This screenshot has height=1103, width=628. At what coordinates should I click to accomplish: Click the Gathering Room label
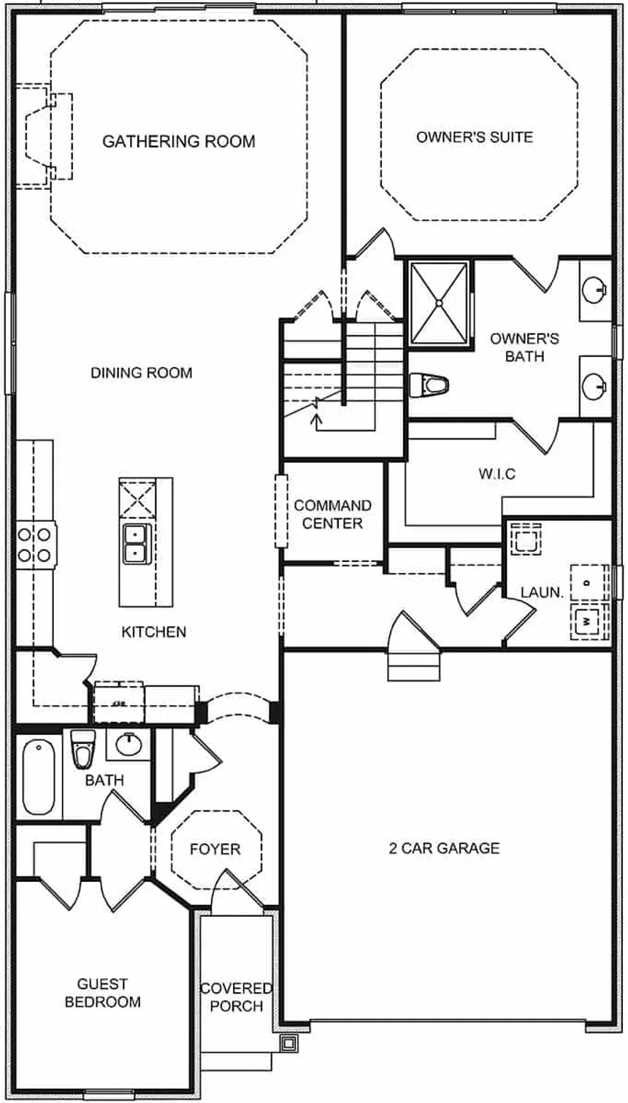[x=178, y=141]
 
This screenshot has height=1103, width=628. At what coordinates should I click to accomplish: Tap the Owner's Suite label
[x=475, y=137]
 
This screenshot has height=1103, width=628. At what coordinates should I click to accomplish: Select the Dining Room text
[x=141, y=372]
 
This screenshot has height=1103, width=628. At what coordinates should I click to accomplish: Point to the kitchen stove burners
[x=35, y=544]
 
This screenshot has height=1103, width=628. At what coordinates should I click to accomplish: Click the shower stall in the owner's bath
[x=438, y=301]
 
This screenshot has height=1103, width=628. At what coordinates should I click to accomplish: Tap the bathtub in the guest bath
[x=38, y=777]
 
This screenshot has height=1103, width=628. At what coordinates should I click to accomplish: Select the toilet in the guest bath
[x=83, y=748]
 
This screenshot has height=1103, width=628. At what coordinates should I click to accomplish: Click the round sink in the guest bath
[x=130, y=745]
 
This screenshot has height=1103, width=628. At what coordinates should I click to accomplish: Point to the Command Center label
[x=332, y=514]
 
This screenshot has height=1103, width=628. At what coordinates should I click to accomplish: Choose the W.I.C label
[x=497, y=474]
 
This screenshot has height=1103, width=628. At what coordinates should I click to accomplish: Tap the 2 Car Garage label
[x=444, y=848]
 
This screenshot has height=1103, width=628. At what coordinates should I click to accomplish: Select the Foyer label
[x=215, y=849]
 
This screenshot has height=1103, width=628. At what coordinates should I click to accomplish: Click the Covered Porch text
[x=236, y=996]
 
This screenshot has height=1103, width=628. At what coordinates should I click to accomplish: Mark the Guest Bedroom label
[x=102, y=993]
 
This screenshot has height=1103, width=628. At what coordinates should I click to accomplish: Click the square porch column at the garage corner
[x=289, y=1043]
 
